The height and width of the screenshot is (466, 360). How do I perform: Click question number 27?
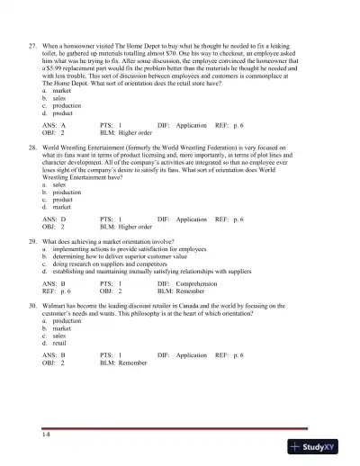point(31,44)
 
